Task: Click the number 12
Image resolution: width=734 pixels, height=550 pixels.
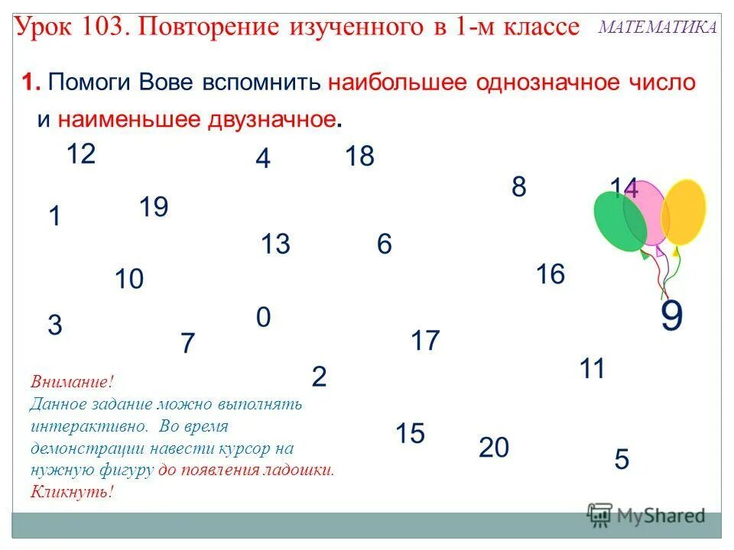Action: pyautogui.click(x=80, y=154)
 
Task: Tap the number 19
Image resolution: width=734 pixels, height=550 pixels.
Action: pyautogui.click(x=154, y=207)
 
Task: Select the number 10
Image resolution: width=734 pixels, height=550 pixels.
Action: pyautogui.click(x=129, y=280)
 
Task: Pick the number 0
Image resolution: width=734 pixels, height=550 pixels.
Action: pyautogui.click(x=263, y=317)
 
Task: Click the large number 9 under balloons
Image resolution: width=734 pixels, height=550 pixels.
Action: pyautogui.click(x=671, y=315)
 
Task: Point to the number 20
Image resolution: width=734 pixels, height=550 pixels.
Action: pyautogui.click(x=494, y=447)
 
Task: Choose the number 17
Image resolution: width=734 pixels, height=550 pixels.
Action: pyautogui.click(x=426, y=340)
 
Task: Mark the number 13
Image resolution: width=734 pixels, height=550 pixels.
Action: pyautogui.click(x=275, y=244)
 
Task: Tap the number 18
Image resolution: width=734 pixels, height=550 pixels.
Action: pyautogui.click(x=359, y=157)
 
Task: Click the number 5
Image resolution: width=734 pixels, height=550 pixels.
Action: pyautogui.click(x=622, y=460)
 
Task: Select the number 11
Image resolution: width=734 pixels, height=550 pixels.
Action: pyautogui.click(x=592, y=369)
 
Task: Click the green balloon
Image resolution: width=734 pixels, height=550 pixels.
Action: pyautogui.click(x=618, y=222)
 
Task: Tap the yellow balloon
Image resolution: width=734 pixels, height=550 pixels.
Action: pyautogui.click(x=683, y=212)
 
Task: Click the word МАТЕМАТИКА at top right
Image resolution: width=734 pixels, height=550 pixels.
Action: pyautogui.click(x=657, y=27)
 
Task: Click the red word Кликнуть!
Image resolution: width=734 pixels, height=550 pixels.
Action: pyautogui.click(x=72, y=491)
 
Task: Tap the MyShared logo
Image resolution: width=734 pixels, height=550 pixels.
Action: pyautogui.click(x=646, y=515)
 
